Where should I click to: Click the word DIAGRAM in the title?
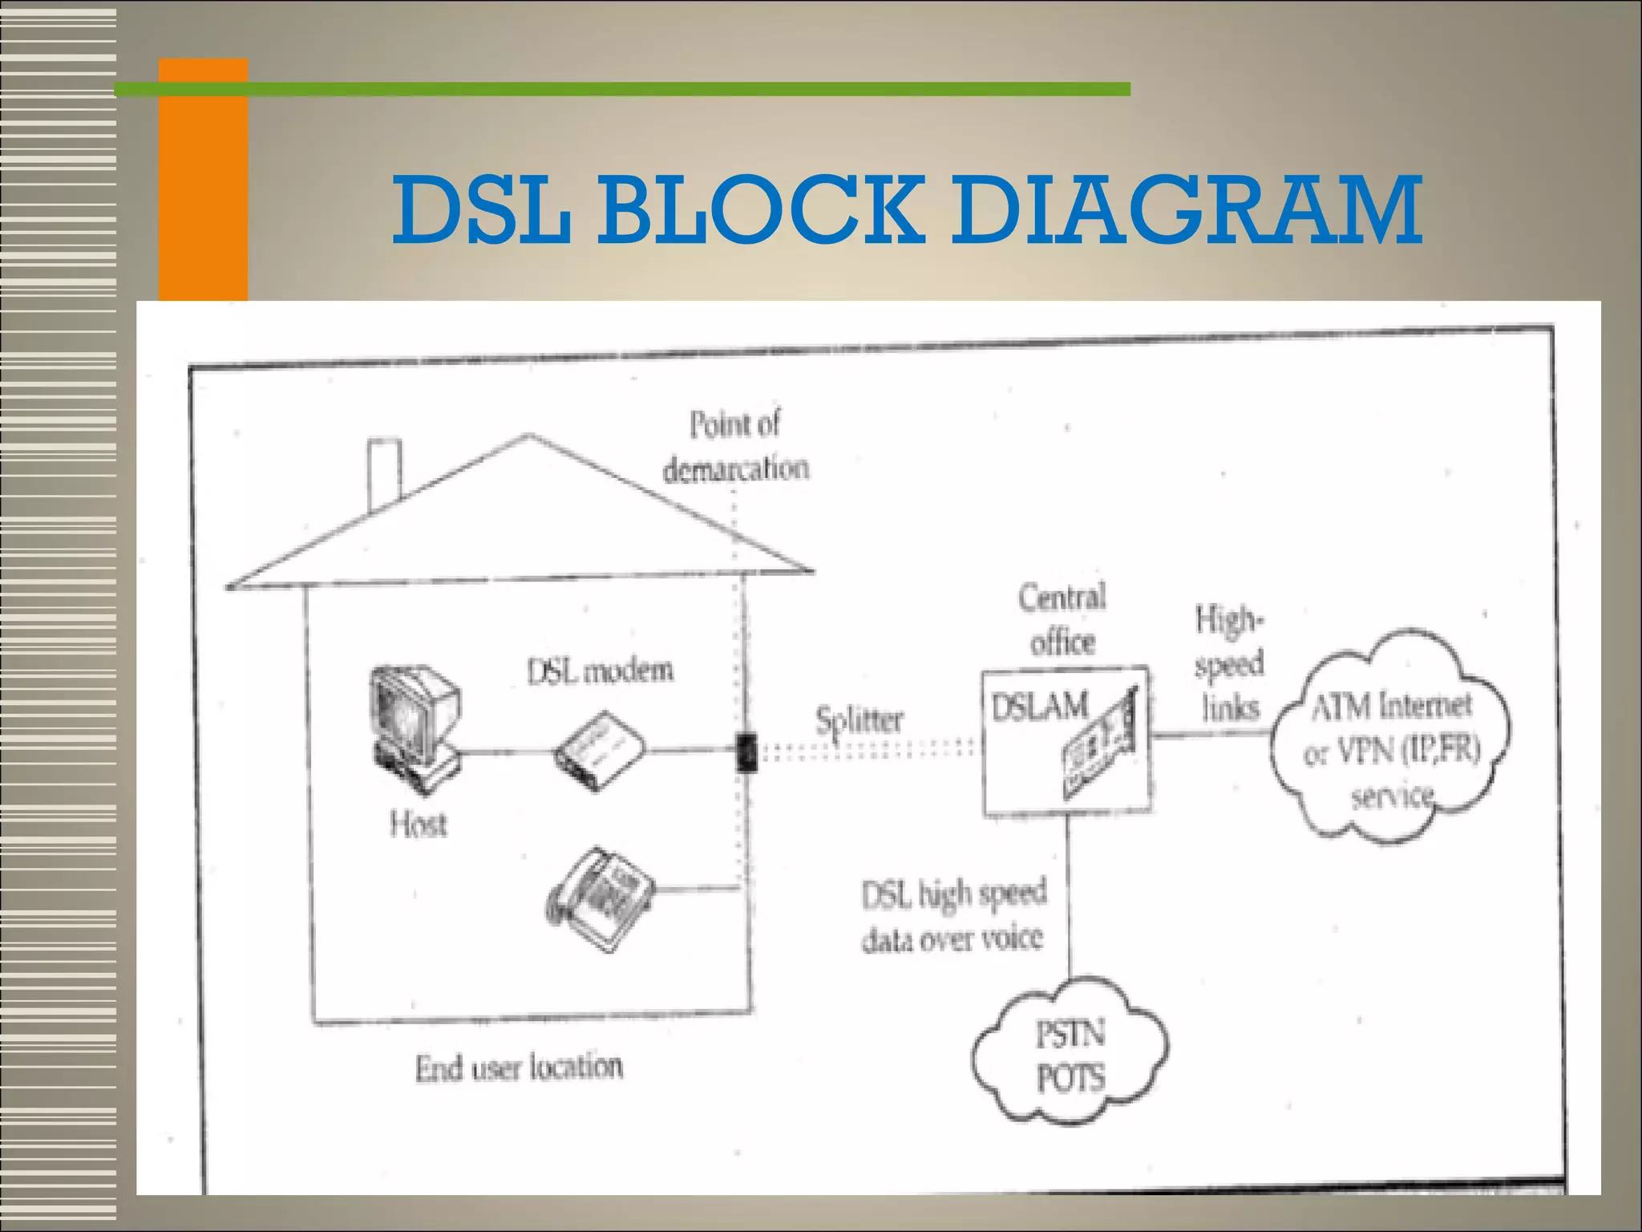click(1187, 210)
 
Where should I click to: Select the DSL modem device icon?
click(601, 752)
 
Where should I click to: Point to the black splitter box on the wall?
click(746, 752)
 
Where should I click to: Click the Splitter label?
click(859, 719)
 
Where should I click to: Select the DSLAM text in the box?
click(1040, 707)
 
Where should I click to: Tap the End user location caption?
click(519, 1068)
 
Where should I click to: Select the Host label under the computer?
click(418, 824)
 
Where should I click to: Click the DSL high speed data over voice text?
click(953, 916)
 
